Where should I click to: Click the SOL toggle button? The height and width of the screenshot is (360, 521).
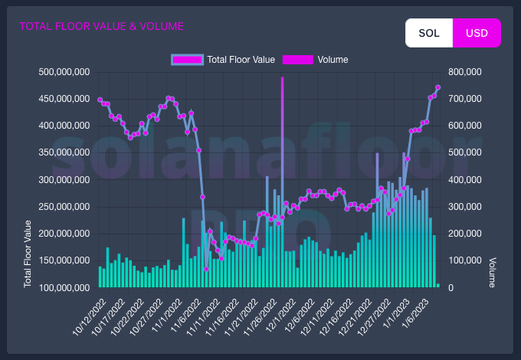[429, 33]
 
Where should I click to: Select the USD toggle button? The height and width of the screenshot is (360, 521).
[477, 33]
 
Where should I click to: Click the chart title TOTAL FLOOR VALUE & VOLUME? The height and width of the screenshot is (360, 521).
[101, 26]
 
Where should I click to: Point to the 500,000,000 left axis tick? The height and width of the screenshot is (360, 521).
[64, 72]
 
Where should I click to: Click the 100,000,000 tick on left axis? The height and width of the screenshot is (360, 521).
[64, 287]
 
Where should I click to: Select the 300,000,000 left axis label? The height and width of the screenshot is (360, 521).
[64, 180]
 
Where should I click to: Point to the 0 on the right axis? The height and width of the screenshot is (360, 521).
[452, 287]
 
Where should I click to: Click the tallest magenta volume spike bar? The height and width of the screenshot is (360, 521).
[282, 153]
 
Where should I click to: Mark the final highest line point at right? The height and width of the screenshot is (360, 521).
[437, 87]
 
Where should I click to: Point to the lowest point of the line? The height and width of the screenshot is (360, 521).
[206, 269]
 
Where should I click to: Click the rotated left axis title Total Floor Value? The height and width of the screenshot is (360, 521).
[28, 254]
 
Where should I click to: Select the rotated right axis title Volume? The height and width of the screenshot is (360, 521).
[493, 272]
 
